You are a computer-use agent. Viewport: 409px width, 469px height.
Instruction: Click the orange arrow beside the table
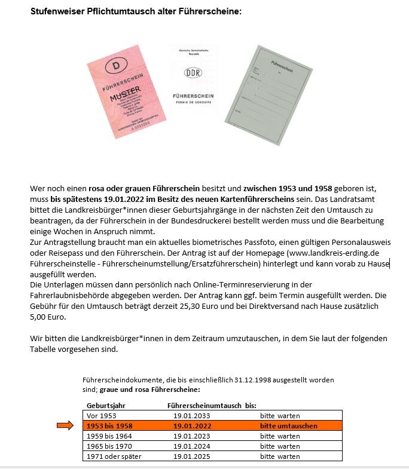pyautogui.click(x=65, y=425)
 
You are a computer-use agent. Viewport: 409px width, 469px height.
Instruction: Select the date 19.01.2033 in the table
pyautogui.click(x=192, y=415)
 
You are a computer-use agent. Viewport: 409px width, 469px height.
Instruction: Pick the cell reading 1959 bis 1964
pyautogui.click(x=109, y=436)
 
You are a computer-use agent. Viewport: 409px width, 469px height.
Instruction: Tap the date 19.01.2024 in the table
pyautogui.click(x=192, y=446)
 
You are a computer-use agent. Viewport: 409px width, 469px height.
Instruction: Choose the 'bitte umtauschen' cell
pyautogui.click(x=288, y=426)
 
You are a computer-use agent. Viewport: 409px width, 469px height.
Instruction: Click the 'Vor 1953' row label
pyautogui.click(x=100, y=415)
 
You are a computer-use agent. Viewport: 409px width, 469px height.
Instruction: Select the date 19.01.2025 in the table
pyautogui.click(x=192, y=456)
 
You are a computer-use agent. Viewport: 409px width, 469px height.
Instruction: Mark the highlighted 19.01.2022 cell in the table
pyautogui.click(x=192, y=426)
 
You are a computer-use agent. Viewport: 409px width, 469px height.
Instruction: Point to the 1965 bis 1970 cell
pyautogui.click(x=109, y=446)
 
